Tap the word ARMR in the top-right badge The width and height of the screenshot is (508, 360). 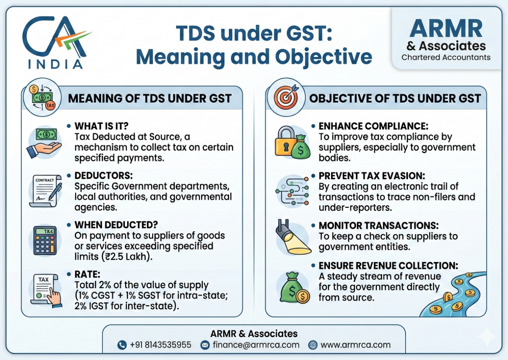[446, 28]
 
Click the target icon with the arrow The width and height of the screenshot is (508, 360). [287, 97]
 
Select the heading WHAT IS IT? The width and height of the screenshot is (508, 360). [101, 126]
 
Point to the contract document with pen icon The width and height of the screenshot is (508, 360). [45, 191]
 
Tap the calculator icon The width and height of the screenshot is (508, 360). [45, 240]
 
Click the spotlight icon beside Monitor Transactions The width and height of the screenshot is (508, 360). [293, 237]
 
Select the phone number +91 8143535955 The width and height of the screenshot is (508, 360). [160, 345]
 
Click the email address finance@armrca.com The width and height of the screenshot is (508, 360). [256, 345]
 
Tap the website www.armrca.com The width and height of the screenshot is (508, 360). [355, 345]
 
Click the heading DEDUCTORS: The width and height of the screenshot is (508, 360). [104, 176]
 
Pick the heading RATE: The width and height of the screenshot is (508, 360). [87, 274]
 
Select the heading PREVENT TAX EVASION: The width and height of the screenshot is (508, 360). [372, 176]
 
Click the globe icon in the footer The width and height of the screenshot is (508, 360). [313, 345]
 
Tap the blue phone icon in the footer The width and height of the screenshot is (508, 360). [122, 345]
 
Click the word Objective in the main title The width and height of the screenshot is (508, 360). [323, 57]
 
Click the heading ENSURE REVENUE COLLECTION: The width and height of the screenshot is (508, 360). [388, 266]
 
